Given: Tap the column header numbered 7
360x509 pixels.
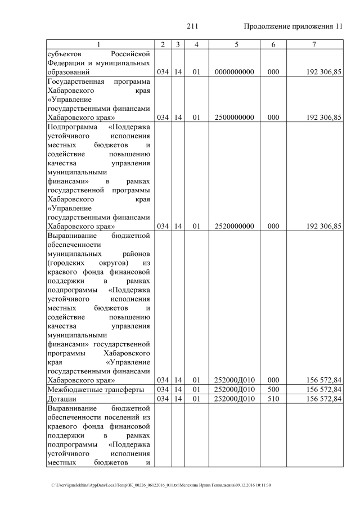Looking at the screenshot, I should pyautogui.click(x=313, y=44).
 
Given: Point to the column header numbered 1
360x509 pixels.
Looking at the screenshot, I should pyautogui.click(x=98, y=44).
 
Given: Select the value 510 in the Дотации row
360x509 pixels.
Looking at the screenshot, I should pyautogui.click(x=273, y=399).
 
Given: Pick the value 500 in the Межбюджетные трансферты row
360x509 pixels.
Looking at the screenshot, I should pyautogui.click(x=273, y=390).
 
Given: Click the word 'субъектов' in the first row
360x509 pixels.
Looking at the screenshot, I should pyautogui.click(x=64, y=54).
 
